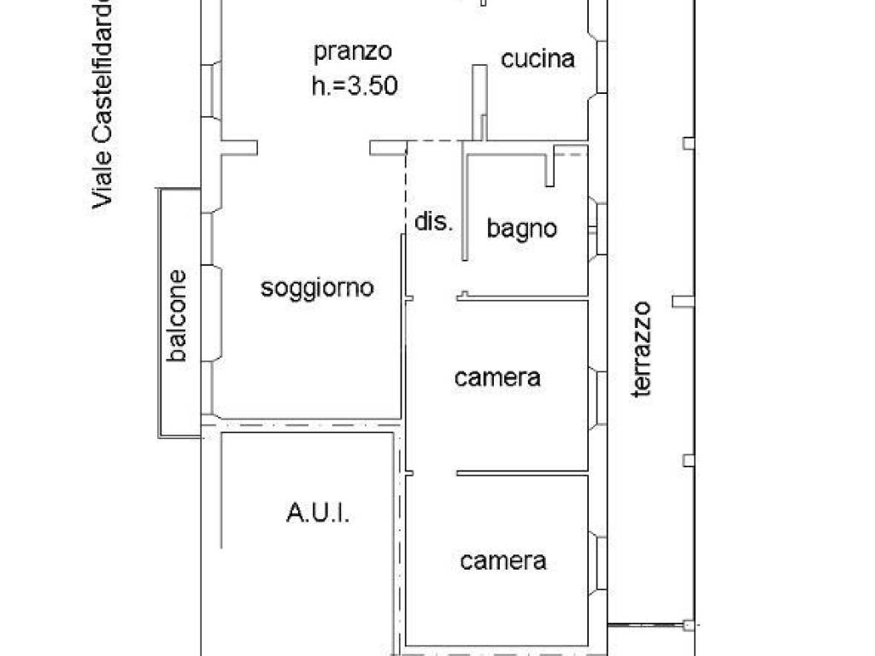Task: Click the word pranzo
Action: [352, 52]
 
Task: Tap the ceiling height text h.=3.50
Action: [354, 85]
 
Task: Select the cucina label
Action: [537, 59]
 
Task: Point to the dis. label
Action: [432, 222]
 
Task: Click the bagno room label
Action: [521, 229]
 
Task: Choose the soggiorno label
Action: [317, 288]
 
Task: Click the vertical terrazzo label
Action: [642, 349]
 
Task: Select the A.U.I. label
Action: [317, 514]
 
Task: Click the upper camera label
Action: [497, 378]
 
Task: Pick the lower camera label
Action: [503, 561]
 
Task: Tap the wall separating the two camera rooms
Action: [522, 472]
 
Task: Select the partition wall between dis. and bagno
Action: [464, 205]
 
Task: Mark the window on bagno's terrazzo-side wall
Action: [600, 229]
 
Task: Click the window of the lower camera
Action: [600, 562]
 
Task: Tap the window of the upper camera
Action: [600, 397]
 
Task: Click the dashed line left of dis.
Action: [405, 188]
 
